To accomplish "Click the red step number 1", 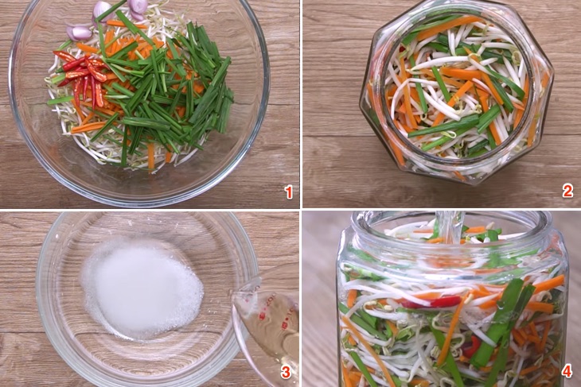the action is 288,193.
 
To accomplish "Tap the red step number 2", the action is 567,192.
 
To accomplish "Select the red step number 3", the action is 285,373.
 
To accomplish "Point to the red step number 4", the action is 567,371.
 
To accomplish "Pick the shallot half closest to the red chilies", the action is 79,33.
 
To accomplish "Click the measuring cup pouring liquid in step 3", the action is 267,326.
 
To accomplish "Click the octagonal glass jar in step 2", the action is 457,92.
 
